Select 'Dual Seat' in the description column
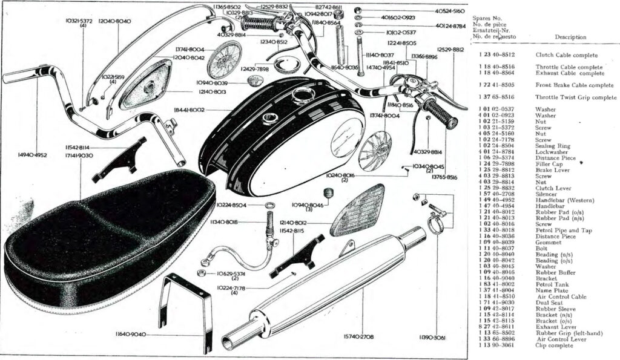click(549, 303)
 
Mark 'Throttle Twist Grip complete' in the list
click(575, 97)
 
